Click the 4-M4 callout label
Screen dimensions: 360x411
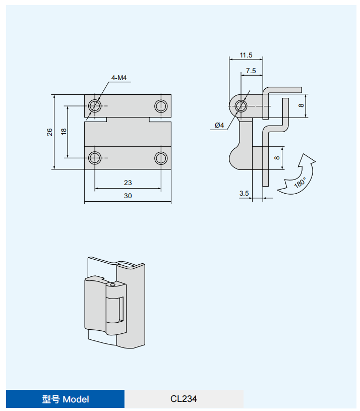(x=119, y=78)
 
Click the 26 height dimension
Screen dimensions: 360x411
(x=49, y=132)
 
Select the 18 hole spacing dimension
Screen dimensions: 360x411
(x=64, y=132)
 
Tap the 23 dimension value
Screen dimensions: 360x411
(x=128, y=183)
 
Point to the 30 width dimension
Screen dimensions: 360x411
(x=128, y=196)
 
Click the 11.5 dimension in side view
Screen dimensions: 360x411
(x=246, y=55)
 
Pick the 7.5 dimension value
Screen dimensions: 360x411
(x=251, y=71)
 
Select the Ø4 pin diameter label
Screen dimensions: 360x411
(x=219, y=125)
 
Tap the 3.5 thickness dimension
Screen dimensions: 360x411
(x=244, y=194)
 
